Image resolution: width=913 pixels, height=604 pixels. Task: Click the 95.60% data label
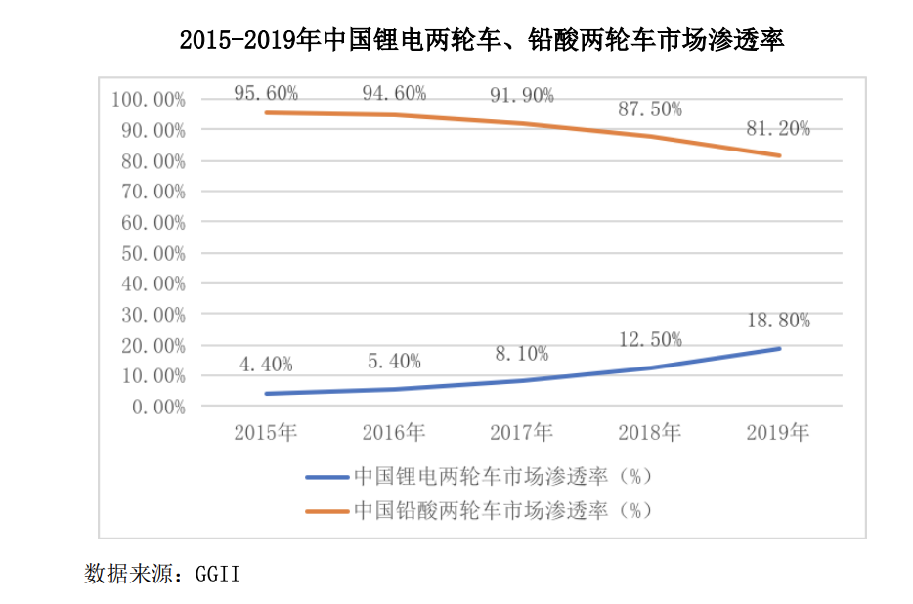[266, 93]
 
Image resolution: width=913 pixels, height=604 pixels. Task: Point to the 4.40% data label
[266, 365]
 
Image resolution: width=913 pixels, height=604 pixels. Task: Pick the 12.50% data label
[650, 339]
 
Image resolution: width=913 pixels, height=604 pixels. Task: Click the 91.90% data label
[522, 95]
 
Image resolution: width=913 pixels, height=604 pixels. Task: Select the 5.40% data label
[394, 361]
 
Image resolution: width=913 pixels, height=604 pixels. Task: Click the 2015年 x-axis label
[266, 432]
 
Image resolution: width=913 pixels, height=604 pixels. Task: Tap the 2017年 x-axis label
[522, 432]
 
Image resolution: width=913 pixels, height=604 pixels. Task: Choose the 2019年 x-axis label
[778, 432]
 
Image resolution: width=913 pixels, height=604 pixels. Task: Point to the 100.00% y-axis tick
[149, 99]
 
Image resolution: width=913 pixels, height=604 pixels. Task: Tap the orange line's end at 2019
[779, 155]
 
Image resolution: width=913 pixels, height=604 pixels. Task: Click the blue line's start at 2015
[266, 394]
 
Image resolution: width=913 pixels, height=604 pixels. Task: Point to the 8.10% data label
[522, 353]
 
